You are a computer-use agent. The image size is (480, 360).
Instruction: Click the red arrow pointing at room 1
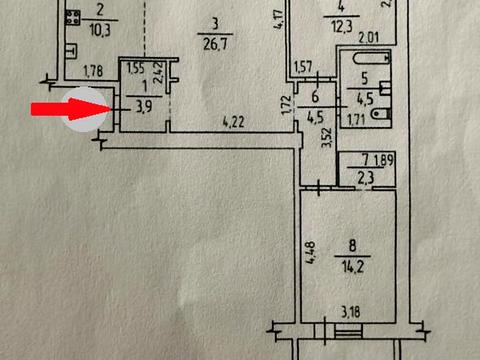tap(71, 109)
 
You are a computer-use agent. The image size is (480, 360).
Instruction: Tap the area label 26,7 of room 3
tap(215, 44)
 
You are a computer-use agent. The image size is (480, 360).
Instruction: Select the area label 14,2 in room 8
tap(353, 267)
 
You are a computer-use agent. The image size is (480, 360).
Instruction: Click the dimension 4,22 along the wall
tap(233, 122)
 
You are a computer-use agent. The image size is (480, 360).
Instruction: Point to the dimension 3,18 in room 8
tap(351, 312)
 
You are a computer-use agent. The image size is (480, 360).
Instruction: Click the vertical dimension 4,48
tap(311, 253)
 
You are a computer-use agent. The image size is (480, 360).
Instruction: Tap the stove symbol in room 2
tap(73, 18)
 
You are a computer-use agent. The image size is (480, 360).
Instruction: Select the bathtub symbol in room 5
tap(371, 59)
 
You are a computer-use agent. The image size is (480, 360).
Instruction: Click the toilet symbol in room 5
tap(380, 114)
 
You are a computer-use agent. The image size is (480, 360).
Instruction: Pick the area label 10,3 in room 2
tap(100, 30)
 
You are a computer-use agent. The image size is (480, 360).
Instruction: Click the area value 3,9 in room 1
tap(144, 107)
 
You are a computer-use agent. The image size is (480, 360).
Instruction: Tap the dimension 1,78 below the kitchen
tap(93, 71)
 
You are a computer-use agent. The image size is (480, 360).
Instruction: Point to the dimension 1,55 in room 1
tap(135, 68)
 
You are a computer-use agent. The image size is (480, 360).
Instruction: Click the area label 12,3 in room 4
tap(342, 26)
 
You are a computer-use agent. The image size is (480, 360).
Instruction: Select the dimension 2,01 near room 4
tap(369, 37)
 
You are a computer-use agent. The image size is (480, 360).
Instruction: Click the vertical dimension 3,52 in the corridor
tap(328, 137)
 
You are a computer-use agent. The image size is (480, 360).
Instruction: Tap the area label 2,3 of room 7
tap(366, 178)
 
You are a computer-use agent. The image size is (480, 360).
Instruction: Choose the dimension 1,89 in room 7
tap(384, 160)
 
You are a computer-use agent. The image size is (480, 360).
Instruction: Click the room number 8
tap(352, 246)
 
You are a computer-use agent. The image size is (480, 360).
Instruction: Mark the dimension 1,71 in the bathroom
tap(357, 120)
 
